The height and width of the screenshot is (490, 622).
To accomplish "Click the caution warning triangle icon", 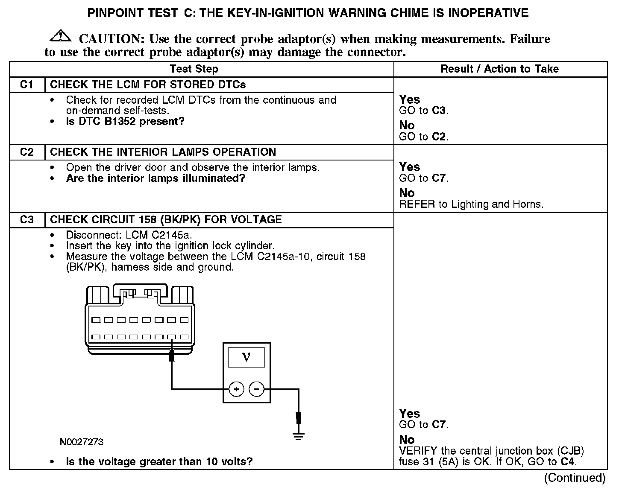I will point(61,36).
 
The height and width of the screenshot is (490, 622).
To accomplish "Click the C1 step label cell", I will point(27,85).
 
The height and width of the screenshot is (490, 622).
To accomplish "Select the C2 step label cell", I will point(27,152).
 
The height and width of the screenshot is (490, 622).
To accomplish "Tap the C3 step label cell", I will point(27,219).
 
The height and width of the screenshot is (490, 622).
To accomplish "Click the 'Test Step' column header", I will point(194,69).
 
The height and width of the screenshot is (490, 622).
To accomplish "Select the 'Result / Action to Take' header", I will point(499,69).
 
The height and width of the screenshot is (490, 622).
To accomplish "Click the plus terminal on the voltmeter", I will point(236,389).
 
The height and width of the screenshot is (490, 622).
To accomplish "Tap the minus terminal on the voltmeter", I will point(257,389).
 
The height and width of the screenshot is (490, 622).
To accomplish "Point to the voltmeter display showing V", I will point(246,357).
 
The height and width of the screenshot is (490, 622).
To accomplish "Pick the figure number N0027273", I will point(82,442).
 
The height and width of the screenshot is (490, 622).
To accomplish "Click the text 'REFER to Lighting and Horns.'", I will point(471,204).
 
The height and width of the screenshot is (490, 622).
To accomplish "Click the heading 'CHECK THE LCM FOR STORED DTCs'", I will point(148,85).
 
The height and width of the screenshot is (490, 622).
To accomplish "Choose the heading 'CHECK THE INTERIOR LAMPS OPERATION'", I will point(163,152).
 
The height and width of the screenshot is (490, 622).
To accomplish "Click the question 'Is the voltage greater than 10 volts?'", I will point(159,461).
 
